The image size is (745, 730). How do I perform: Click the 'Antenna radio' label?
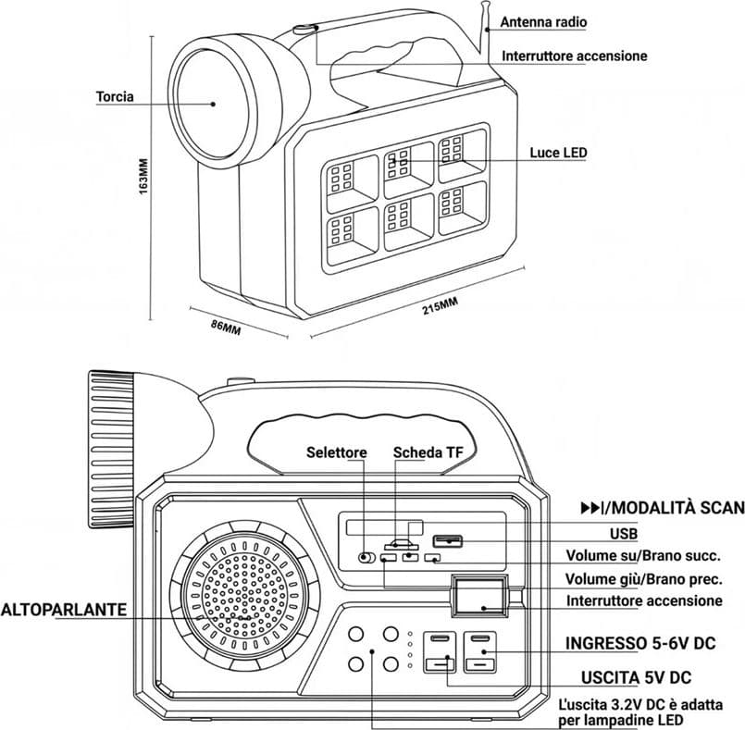click(543, 22)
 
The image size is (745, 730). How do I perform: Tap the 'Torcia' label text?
click(115, 97)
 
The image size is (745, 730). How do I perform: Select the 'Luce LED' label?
click(559, 153)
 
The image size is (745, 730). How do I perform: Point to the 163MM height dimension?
click(144, 176)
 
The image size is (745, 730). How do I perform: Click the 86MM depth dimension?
click(226, 327)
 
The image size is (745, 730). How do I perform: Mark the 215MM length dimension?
click(441, 306)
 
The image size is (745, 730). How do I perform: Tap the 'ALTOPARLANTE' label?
click(64, 610)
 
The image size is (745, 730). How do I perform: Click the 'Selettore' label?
click(336, 452)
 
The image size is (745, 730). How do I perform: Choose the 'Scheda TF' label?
click(428, 452)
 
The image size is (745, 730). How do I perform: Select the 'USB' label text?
click(624, 534)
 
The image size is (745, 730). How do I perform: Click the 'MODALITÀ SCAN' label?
click(677, 508)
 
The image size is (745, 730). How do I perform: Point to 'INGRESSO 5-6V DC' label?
click(640, 643)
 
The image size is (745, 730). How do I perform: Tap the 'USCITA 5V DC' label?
click(636, 678)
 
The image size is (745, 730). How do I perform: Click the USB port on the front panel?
click(447, 541)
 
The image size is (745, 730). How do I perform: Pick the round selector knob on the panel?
click(365, 557)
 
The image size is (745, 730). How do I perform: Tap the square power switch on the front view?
click(479, 596)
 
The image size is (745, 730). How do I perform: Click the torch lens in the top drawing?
click(213, 104)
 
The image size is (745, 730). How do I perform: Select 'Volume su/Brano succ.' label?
click(643, 556)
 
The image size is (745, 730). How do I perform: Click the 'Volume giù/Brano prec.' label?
click(644, 579)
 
